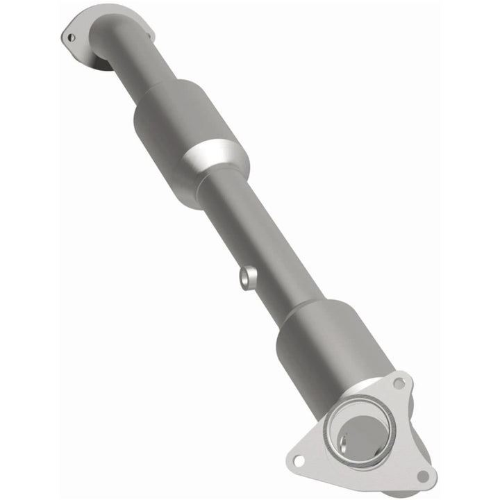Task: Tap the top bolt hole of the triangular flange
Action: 398,383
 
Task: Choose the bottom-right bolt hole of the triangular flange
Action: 422,476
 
